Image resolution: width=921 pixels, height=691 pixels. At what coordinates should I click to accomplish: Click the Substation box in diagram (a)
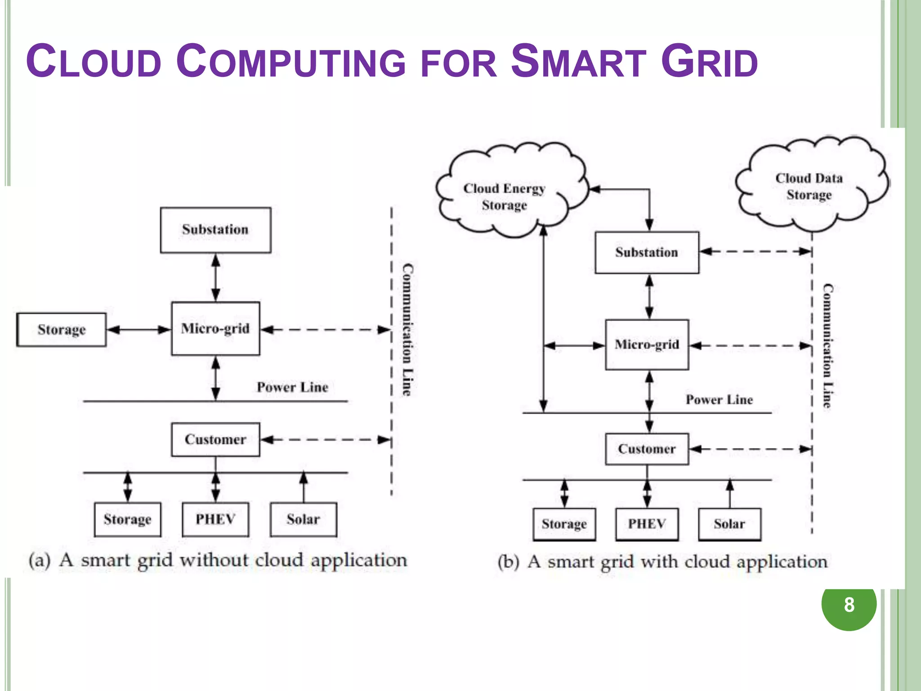point(215,230)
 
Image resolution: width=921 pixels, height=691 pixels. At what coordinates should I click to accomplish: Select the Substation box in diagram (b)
point(647,252)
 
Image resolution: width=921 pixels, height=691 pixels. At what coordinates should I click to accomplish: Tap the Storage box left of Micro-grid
point(62,330)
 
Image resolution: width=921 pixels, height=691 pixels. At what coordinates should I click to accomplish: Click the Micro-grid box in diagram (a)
point(215,328)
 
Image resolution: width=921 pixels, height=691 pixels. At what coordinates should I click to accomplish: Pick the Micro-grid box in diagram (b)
point(647,345)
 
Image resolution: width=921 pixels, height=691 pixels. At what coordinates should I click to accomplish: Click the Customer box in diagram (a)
point(215,440)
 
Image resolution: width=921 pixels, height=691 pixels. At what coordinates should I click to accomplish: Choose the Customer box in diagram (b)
point(647,449)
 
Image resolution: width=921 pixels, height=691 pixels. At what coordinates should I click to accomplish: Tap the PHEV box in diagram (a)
point(215,519)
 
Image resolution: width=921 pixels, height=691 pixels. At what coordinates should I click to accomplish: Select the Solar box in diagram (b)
point(729,524)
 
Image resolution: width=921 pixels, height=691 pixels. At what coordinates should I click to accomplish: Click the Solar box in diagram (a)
point(303,519)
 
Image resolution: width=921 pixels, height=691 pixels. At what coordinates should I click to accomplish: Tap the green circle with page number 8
point(849,604)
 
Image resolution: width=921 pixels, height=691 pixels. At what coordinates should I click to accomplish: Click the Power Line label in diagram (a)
point(292,387)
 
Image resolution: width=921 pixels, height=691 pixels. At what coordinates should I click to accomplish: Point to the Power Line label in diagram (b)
point(719,399)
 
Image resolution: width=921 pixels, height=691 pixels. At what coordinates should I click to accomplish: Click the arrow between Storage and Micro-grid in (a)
point(139,330)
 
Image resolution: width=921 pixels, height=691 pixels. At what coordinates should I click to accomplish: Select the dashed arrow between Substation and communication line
point(756,251)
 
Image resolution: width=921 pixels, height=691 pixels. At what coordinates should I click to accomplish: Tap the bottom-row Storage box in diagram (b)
point(564,524)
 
